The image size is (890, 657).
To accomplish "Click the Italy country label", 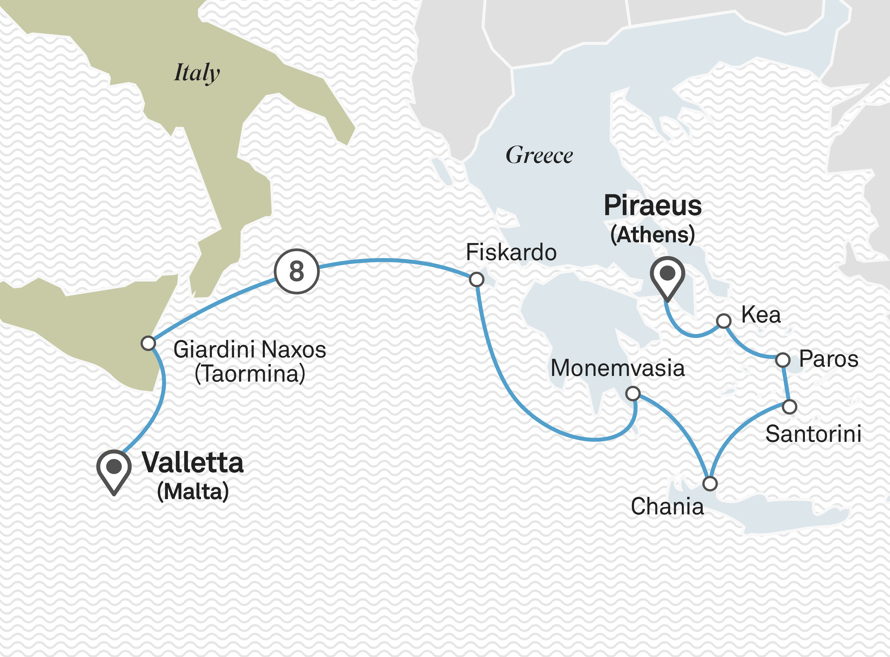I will (x=197, y=73).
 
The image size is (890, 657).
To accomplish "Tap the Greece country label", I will (x=539, y=155).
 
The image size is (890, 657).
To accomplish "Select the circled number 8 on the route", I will (x=296, y=272).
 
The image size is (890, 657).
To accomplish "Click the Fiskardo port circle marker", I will (x=476, y=280).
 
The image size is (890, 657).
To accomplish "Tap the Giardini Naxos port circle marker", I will (x=148, y=343).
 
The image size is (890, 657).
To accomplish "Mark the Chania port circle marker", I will (x=710, y=484).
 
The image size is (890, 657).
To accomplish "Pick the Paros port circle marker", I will (x=783, y=360).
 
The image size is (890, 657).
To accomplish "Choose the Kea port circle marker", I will (x=724, y=320).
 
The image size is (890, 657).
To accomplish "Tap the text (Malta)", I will (x=193, y=492).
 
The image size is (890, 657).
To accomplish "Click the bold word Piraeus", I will (x=653, y=206).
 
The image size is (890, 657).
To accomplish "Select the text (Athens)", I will (x=653, y=235).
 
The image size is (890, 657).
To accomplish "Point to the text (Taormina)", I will (x=250, y=374).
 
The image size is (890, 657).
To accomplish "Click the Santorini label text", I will (x=813, y=434).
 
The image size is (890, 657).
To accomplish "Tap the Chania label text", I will (x=667, y=507).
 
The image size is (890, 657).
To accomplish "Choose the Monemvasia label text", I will (x=617, y=368).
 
